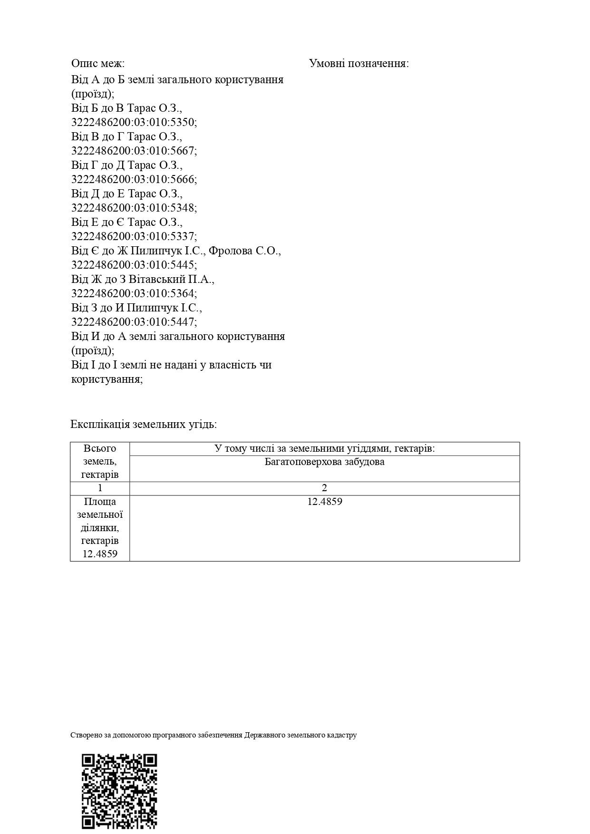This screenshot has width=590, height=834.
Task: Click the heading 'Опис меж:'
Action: pyautogui.click(x=98, y=64)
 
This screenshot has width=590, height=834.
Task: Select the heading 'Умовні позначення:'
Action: pyautogui.click(x=359, y=64)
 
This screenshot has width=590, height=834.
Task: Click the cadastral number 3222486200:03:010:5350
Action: pyautogui.click(x=134, y=122)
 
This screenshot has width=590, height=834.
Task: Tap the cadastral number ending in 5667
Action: pyautogui.click(x=134, y=151)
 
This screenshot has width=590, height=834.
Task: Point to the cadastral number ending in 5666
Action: pyautogui.click(x=134, y=179)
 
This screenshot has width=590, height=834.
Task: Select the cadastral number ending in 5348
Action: pyautogui.click(x=134, y=208)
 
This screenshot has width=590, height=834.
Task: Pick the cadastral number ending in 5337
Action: pyautogui.click(x=134, y=236)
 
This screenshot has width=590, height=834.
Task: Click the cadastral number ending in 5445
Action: pyautogui.click(x=134, y=265)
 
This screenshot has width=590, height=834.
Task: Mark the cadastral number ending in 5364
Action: pyautogui.click(x=134, y=293)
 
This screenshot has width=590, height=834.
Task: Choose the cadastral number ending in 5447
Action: pyautogui.click(x=134, y=322)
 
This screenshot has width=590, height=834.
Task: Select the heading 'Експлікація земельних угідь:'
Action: pyautogui.click(x=144, y=424)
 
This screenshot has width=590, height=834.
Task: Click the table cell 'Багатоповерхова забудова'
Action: pyautogui.click(x=325, y=462)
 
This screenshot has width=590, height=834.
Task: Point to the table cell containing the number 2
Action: pyautogui.click(x=325, y=488)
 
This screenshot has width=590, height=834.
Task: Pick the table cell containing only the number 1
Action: pyautogui.click(x=100, y=488)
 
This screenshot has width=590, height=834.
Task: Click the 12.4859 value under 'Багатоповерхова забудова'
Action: pyautogui.click(x=325, y=502)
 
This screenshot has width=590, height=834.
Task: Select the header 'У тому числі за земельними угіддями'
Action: pyautogui.click(x=325, y=448)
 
